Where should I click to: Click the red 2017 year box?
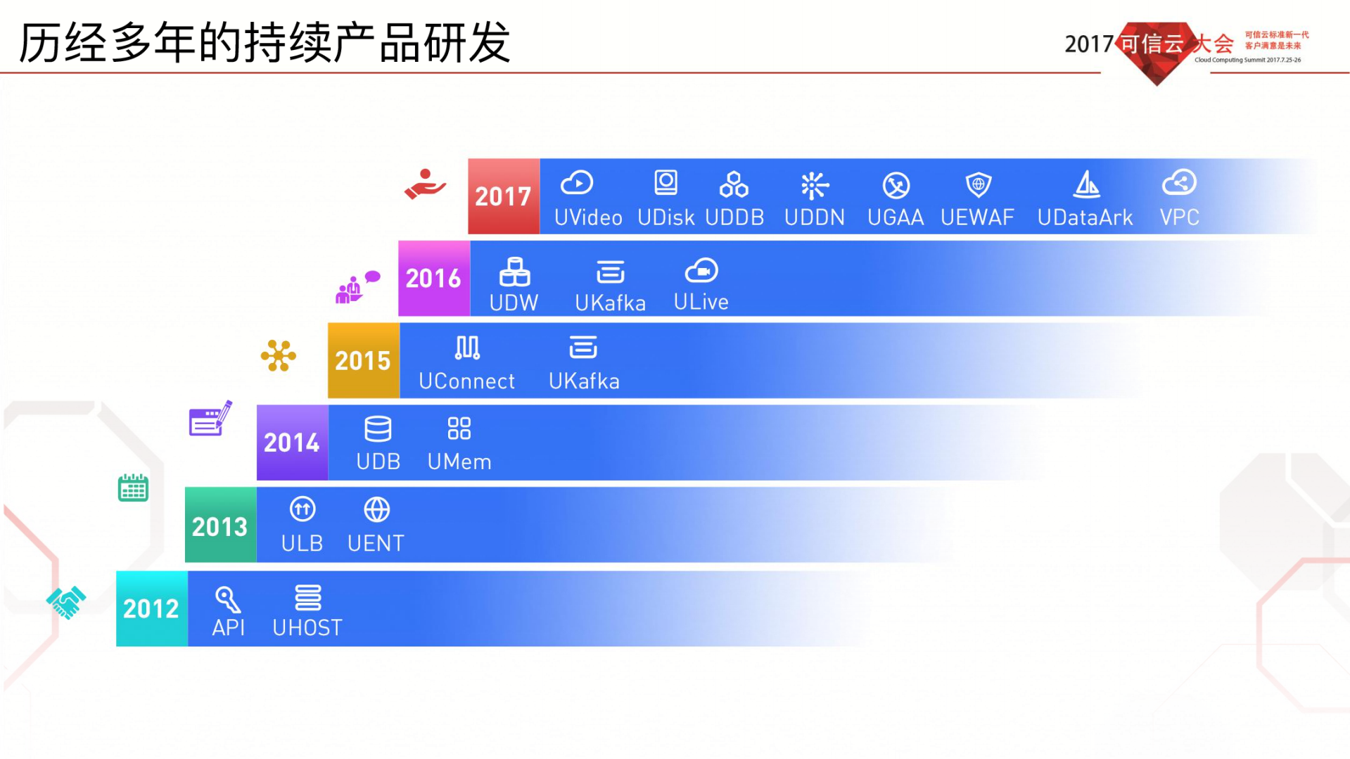coord(504,196)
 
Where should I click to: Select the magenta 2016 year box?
coord(433,279)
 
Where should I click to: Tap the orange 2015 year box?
coord(363,361)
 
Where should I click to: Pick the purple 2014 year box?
coord(292,442)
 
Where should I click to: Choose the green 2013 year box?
coord(220,525)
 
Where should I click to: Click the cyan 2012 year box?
coord(151,608)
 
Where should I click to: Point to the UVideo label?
coord(588,217)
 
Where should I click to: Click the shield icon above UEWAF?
coord(978,184)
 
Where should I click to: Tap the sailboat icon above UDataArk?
coord(1086,184)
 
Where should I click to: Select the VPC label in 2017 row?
coord(1179,217)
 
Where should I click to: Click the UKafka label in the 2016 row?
coord(610,303)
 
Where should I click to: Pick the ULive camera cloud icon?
coord(701,271)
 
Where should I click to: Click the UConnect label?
coord(466,381)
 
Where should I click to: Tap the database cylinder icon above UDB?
coord(378,428)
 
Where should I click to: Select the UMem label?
coord(459,462)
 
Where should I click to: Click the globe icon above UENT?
coord(376,509)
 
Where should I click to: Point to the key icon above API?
coord(228,599)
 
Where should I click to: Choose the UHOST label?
coord(307,627)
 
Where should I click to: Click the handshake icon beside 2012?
coord(66,602)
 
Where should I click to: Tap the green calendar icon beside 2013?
coord(133,487)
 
